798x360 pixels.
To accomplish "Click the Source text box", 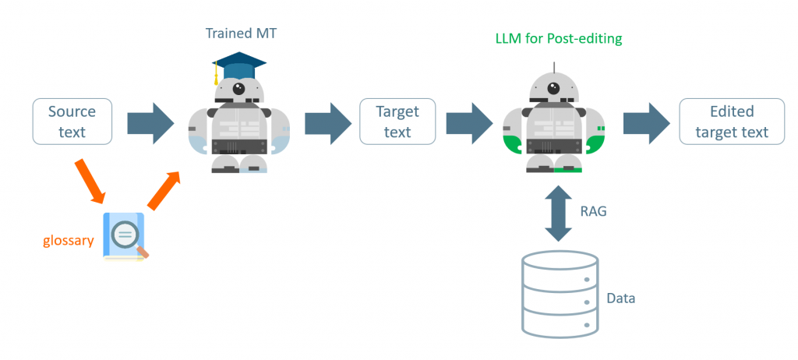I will coord(72,122).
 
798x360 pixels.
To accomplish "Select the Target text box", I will coord(397,122).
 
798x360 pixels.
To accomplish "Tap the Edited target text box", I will coord(731,122).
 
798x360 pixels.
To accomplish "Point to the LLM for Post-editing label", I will coord(559,38).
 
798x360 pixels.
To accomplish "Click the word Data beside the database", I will coord(621,298).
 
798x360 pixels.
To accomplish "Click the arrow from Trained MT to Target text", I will coord(326,122).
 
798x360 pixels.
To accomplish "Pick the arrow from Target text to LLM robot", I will coord(468,122).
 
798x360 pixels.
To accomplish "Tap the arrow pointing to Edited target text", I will coord(646,122).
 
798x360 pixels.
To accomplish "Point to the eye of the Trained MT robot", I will coord(238,88).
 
